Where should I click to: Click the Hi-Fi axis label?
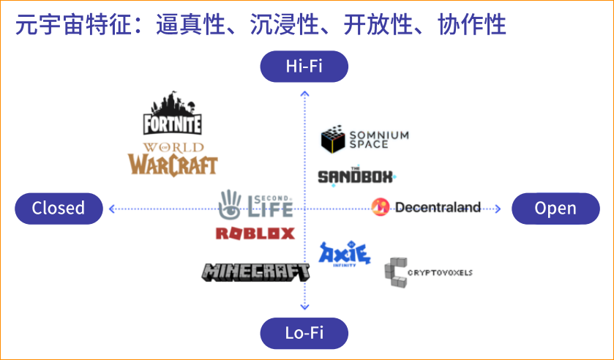304,67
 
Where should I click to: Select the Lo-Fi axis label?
304,333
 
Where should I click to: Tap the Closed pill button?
59,209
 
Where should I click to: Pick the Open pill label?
555,209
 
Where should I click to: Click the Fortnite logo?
172,114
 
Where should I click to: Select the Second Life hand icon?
231,204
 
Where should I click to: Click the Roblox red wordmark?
255,233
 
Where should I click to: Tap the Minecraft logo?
255,271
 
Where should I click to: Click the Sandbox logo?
356,176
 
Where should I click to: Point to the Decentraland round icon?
381,208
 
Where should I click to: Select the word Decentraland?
438,208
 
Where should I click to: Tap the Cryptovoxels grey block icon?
396,273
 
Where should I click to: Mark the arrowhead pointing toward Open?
498,209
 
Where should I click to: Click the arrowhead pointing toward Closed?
111,209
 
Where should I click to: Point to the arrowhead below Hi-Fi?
304,91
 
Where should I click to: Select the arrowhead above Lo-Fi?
304,308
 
